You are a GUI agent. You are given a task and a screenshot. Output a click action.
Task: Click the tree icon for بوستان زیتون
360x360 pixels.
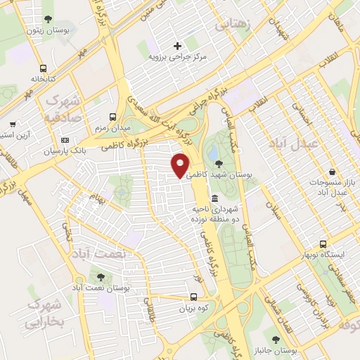47,18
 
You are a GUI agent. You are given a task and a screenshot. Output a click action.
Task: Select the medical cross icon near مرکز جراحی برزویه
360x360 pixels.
178,45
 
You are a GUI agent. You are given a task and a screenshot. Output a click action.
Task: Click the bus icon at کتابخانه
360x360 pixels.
44,69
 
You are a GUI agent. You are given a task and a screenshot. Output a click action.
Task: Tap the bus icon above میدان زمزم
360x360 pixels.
113,117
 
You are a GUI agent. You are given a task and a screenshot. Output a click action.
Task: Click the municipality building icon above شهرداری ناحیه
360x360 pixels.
214,198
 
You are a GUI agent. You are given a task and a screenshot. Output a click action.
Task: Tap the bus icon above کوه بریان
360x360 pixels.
195,297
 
